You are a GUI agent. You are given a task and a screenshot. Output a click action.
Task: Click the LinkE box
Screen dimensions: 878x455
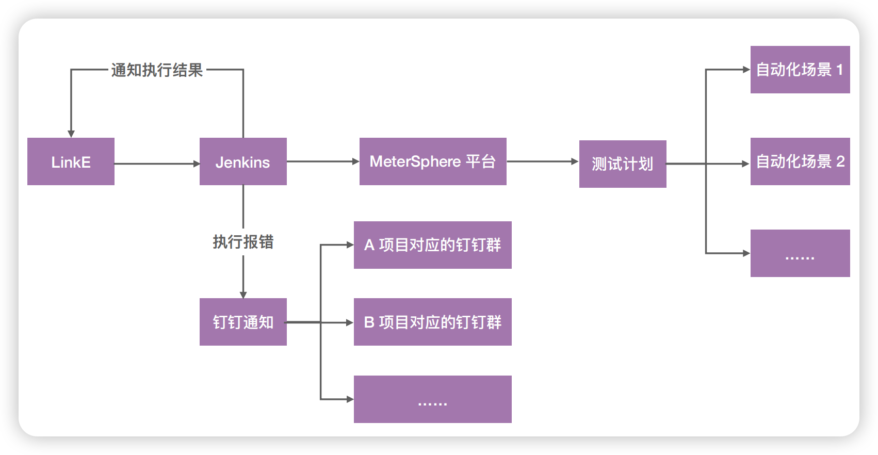point(71,161)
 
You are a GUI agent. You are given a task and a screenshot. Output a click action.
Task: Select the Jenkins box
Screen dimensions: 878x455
point(243,161)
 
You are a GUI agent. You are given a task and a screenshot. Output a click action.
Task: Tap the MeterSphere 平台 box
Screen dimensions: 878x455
point(433,161)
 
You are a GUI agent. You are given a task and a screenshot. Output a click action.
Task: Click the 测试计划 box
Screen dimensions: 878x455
point(623,164)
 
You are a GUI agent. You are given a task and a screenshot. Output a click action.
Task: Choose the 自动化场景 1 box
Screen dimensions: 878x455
point(800,69)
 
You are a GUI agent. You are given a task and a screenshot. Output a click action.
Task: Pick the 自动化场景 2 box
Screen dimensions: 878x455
point(800,161)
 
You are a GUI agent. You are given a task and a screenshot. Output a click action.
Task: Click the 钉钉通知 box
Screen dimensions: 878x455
point(243,322)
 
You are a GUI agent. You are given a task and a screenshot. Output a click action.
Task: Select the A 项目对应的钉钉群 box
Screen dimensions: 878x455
point(433,245)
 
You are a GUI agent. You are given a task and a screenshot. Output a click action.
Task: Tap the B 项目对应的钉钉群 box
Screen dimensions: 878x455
point(433,322)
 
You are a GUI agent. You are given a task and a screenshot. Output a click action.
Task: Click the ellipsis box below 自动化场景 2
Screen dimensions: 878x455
point(800,253)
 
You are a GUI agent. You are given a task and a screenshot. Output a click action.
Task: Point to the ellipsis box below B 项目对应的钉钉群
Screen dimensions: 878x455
point(433,399)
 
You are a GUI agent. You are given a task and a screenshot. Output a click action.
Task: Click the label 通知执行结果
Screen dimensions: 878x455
point(157,70)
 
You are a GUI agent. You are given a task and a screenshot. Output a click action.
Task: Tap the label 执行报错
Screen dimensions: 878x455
point(243,242)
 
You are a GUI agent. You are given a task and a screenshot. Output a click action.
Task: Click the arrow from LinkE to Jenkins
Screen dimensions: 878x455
point(157,164)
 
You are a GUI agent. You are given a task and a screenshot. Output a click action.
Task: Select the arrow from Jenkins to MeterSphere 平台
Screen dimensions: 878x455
point(323,161)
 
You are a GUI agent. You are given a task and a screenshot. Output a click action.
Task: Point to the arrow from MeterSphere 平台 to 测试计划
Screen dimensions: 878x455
point(543,161)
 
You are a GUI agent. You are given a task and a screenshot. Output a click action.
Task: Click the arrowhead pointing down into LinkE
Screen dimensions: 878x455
point(71,134)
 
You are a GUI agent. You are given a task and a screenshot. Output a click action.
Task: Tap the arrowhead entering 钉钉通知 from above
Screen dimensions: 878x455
point(243,295)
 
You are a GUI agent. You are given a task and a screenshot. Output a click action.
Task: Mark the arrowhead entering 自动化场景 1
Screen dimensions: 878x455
point(746,69)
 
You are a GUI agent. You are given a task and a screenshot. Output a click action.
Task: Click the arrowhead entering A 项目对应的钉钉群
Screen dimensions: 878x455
point(350,245)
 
